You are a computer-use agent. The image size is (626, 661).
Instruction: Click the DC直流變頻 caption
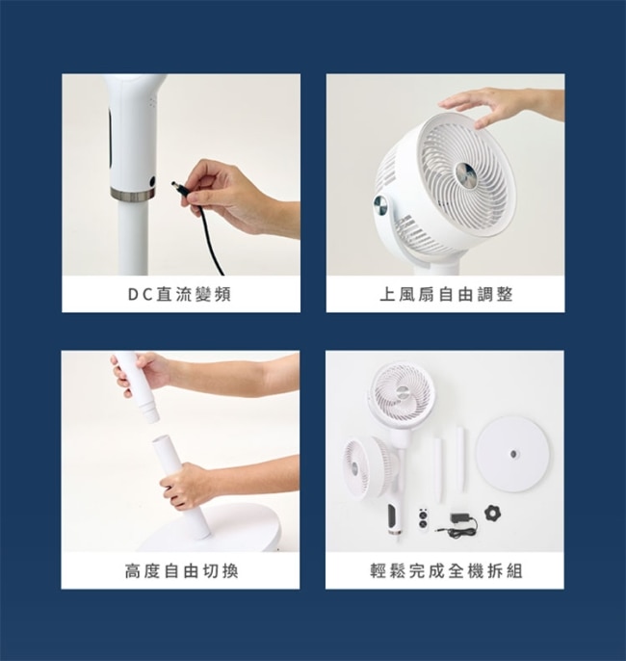(x=180, y=295)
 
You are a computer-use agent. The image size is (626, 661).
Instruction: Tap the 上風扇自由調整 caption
(x=446, y=295)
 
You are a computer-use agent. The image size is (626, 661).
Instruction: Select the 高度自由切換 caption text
(x=182, y=571)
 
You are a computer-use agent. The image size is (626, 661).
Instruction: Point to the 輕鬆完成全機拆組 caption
(x=447, y=571)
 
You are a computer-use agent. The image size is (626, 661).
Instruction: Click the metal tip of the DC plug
(x=174, y=185)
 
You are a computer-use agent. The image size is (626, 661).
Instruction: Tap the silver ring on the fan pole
(x=133, y=195)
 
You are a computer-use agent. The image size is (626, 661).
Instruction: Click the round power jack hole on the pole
(x=152, y=181)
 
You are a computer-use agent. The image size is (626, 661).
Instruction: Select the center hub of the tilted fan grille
(x=466, y=173)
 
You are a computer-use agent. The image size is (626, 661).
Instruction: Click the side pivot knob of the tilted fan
(x=381, y=207)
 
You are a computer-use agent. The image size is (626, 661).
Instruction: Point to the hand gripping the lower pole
(x=188, y=485)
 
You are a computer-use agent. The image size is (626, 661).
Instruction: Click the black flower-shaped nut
(x=491, y=513)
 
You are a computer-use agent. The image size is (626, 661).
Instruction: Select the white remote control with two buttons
(x=423, y=518)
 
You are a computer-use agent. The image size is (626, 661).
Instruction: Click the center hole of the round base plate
(x=513, y=454)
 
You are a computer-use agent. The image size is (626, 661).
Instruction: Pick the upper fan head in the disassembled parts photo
(x=402, y=395)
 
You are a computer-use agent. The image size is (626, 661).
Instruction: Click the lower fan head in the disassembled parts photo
(x=370, y=467)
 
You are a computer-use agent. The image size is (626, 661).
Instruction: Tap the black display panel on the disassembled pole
(x=393, y=516)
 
